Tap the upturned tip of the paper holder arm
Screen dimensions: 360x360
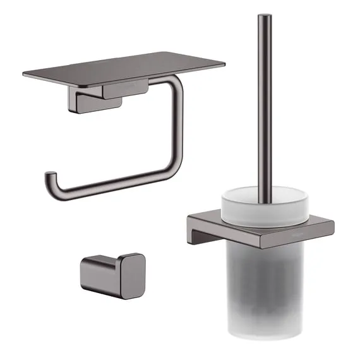tap(48, 177)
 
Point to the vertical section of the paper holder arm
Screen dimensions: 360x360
tap(178, 126)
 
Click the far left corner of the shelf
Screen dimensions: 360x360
tap(25, 74)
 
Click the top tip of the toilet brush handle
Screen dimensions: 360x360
tap(264, 16)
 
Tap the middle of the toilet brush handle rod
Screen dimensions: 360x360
tap(265, 101)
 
